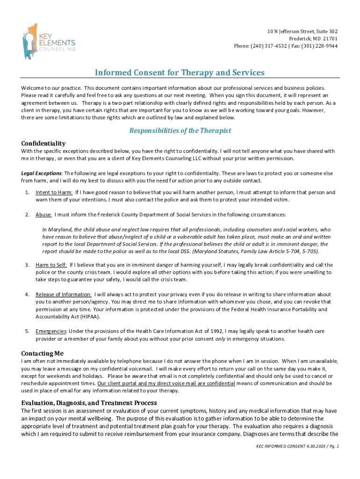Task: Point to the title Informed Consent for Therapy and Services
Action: [180, 73]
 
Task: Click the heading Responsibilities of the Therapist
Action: [180, 131]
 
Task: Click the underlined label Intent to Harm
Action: [54, 192]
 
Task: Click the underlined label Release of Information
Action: [63, 294]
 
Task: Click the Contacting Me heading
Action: [42, 353]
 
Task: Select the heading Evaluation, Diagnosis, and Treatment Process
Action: [89, 403]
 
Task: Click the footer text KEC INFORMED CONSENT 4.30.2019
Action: [285, 446]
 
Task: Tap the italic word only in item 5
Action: [220, 339]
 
